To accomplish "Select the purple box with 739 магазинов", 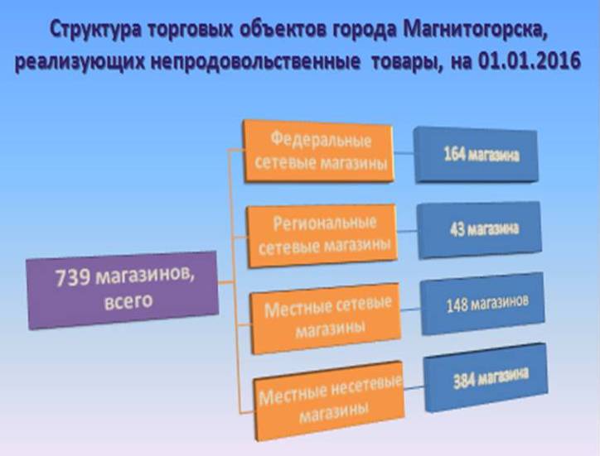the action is [123, 290].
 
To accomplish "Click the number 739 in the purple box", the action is [73, 277].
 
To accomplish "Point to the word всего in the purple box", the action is [128, 301].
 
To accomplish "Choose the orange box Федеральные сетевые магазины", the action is [319, 151].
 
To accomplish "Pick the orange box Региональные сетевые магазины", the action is [322, 235].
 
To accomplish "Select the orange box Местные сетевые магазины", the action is [326, 319].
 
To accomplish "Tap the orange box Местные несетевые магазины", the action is [330, 401].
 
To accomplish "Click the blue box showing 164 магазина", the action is [476, 155].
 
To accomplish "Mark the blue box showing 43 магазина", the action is [480, 230].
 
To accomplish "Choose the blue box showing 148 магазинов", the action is [482, 304].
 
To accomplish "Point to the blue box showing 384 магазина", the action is [486, 377].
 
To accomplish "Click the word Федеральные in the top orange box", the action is [321, 140].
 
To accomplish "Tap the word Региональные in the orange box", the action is [325, 223].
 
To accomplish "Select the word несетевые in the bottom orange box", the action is [366, 386].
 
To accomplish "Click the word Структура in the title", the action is [95, 30].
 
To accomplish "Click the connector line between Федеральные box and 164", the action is [404, 153].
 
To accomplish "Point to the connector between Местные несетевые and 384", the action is [414, 388].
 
